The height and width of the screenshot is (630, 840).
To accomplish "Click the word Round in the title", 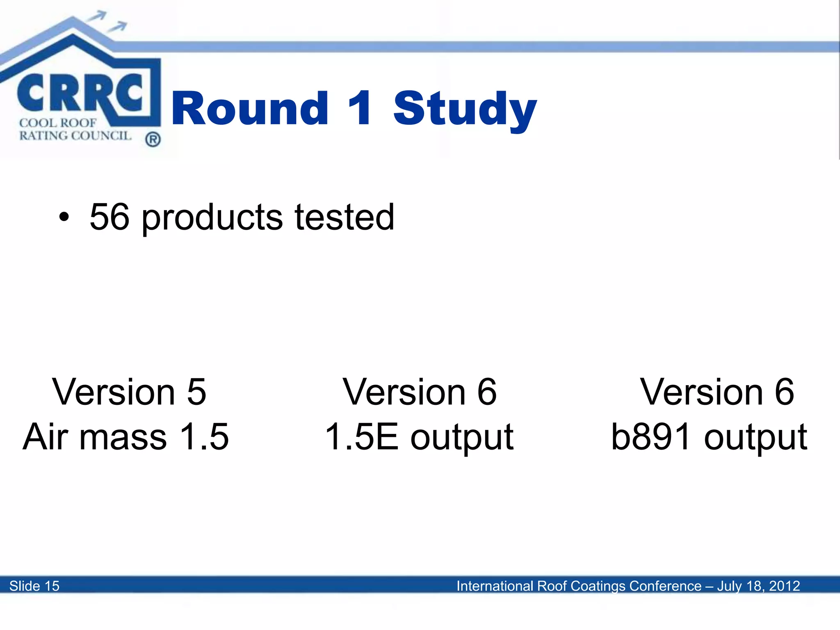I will click(250, 108).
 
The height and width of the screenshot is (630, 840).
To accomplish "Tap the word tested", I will click(344, 217).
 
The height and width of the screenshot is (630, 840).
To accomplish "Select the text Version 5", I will click(129, 392).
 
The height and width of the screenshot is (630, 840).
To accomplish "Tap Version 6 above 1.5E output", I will click(420, 392).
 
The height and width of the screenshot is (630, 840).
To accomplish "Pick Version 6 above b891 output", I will click(717, 392).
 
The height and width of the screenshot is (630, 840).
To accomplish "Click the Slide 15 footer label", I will click(34, 586).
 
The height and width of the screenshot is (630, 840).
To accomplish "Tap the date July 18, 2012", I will click(758, 586).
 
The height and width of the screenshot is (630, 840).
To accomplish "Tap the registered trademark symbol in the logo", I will click(153, 139).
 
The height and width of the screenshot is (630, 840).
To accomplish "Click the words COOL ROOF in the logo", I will click(57, 123).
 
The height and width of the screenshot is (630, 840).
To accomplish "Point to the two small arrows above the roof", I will click(107, 21).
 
